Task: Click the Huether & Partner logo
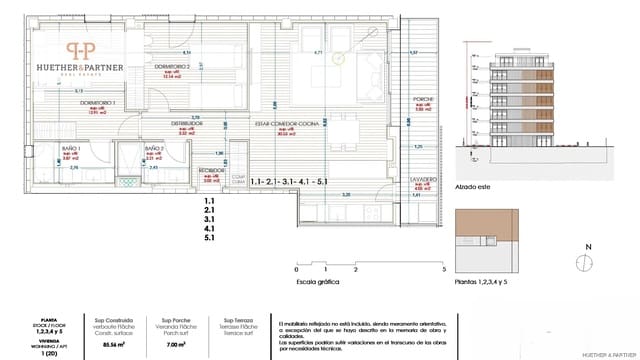(x=81, y=58)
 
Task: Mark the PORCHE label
(x=421, y=100)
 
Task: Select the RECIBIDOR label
(x=211, y=170)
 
